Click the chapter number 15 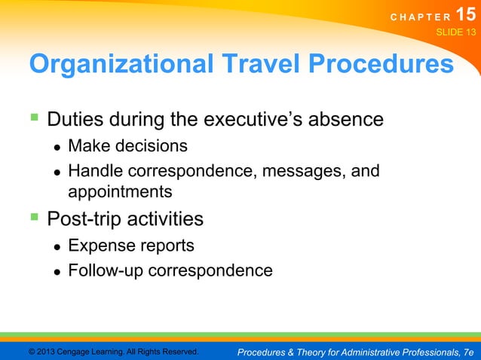tap(464, 15)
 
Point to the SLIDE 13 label tap(456, 32)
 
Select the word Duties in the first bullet tap(74, 120)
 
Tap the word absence tap(345, 120)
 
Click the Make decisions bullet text tap(127, 145)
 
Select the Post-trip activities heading tap(125, 219)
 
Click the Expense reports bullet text tap(131, 246)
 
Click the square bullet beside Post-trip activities tap(34, 218)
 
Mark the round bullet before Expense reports tap(57, 247)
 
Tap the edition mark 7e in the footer tap(467, 352)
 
